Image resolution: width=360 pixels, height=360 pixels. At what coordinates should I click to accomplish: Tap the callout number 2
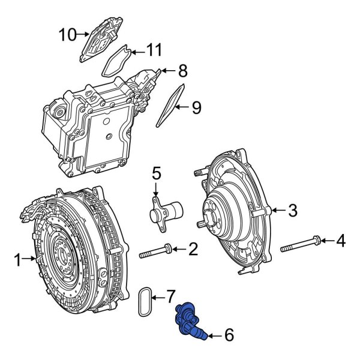pyautogui.click(x=193, y=248)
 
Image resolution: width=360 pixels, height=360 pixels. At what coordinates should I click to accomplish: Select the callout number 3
pyautogui.click(x=293, y=210)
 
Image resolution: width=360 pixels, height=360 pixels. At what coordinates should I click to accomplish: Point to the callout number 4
pyautogui.click(x=340, y=242)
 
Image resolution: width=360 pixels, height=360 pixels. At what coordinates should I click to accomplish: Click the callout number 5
pyautogui.click(x=157, y=174)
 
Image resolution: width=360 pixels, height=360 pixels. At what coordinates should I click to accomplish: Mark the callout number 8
pyautogui.click(x=182, y=71)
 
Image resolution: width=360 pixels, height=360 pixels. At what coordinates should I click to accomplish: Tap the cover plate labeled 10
pyautogui.click(x=100, y=37)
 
